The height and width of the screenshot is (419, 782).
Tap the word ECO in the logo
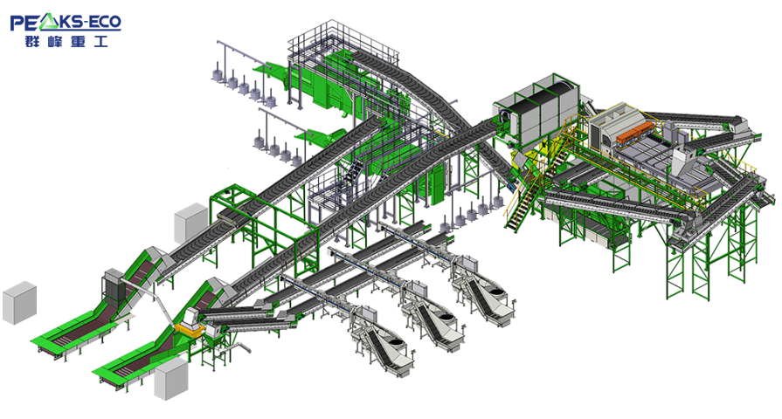[105, 22]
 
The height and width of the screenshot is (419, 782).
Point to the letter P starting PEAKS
[17, 23]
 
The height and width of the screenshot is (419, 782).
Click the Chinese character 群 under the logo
[32, 41]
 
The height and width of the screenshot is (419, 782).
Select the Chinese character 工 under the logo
[100, 41]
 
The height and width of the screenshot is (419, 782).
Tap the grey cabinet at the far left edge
[19, 302]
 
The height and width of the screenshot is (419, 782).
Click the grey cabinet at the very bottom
[171, 379]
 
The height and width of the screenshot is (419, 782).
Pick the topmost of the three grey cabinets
[191, 223]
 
